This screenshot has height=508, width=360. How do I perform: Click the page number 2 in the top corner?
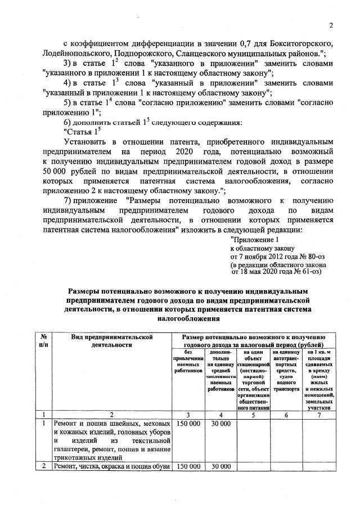[x=331, y=25]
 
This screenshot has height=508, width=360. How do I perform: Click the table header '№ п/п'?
[x=43, y=339]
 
